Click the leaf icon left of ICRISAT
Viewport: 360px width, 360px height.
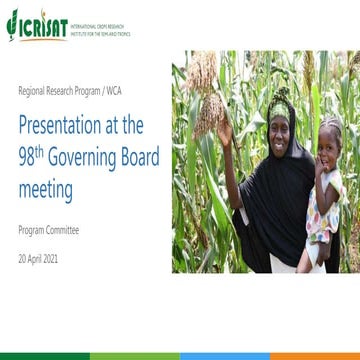[x=11, y=21]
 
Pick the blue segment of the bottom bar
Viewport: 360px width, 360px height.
[x=225, y=355]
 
